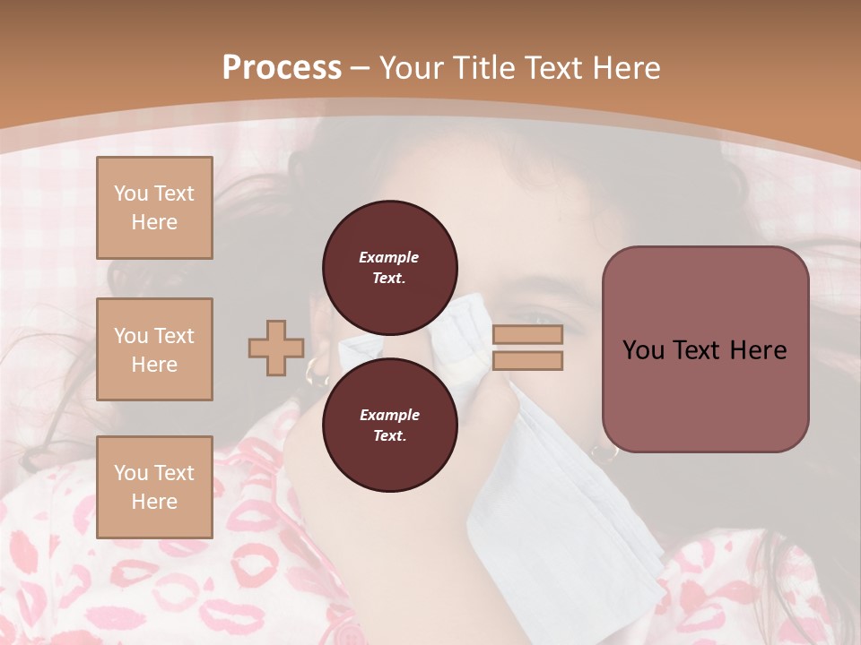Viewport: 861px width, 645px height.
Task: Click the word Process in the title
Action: click(282, 68)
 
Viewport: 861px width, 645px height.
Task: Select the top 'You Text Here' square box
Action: click(154, 208)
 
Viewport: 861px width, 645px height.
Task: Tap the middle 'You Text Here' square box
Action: click(154, 349)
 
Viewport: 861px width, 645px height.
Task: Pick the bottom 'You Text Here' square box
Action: click(154, 486)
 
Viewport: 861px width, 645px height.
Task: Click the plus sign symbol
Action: click(276, 348)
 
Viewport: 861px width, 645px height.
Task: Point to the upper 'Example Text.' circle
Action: click(389, 267)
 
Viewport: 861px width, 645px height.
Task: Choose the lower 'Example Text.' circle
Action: click(389, 425)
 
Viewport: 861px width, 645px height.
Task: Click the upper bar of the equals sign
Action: click(527, 334)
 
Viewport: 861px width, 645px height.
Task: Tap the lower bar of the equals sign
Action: click(527, 360)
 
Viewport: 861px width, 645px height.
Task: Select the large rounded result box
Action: click(705, 349)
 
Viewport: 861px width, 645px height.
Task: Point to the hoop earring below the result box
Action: click(608, 454)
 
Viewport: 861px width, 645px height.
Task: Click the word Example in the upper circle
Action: click(389, 257)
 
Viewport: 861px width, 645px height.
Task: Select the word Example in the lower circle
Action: click(389, 415)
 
